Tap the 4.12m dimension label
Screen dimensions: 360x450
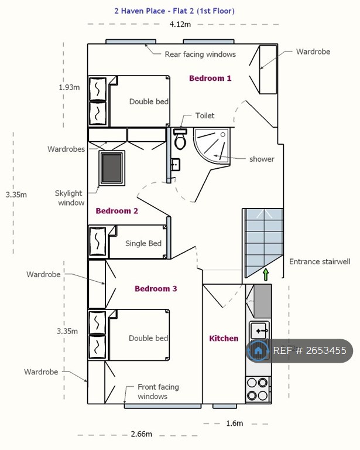click(180, 25)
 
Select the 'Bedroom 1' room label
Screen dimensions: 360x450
click(210, 78)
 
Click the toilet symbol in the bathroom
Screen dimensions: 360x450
click(180, 139)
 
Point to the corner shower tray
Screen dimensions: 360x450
click(212, 146)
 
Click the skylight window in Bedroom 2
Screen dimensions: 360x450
click(112, 168)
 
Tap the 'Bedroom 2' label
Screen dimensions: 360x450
click(116, 211)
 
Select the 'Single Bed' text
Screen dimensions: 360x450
click(143, 243)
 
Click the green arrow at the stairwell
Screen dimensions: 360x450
click(266, 274)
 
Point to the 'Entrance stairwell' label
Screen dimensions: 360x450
click(320, 262)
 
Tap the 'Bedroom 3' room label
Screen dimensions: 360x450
click(156, 289)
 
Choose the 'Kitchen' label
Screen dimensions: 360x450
click(224, 338)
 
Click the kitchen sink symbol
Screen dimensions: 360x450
click(259, 330)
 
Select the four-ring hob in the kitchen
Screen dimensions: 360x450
click(258, 389)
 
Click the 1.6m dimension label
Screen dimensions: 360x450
click(235, 423)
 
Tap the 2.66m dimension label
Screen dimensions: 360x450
click(141, 434)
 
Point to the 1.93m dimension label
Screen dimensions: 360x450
click(69, 87)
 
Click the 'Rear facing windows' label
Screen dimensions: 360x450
click(200, 54)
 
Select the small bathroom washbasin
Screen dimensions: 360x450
click(176, 165)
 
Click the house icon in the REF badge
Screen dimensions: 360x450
click(258, 350)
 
